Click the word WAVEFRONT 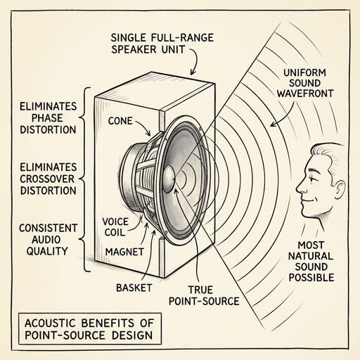(x=305, y=94)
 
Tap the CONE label (x=120, y=121)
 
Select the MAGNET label (x=124, y=252)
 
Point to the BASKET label (x=134, y=288)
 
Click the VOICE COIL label (x=115, y=227)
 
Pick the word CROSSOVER (x=47, y=179)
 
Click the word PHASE (x=47, y=118)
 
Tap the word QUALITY (x=47, y=251)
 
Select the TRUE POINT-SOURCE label (x=204, y=295)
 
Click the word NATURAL (x=311, y=256)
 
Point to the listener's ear (x=339, y=190)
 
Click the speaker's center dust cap (x=169, y=178)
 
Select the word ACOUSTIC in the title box (x=50, y=323)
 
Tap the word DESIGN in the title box (x=132, y=335)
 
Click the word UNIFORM (x=304, y=72)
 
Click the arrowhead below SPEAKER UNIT (x=193, y=72)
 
